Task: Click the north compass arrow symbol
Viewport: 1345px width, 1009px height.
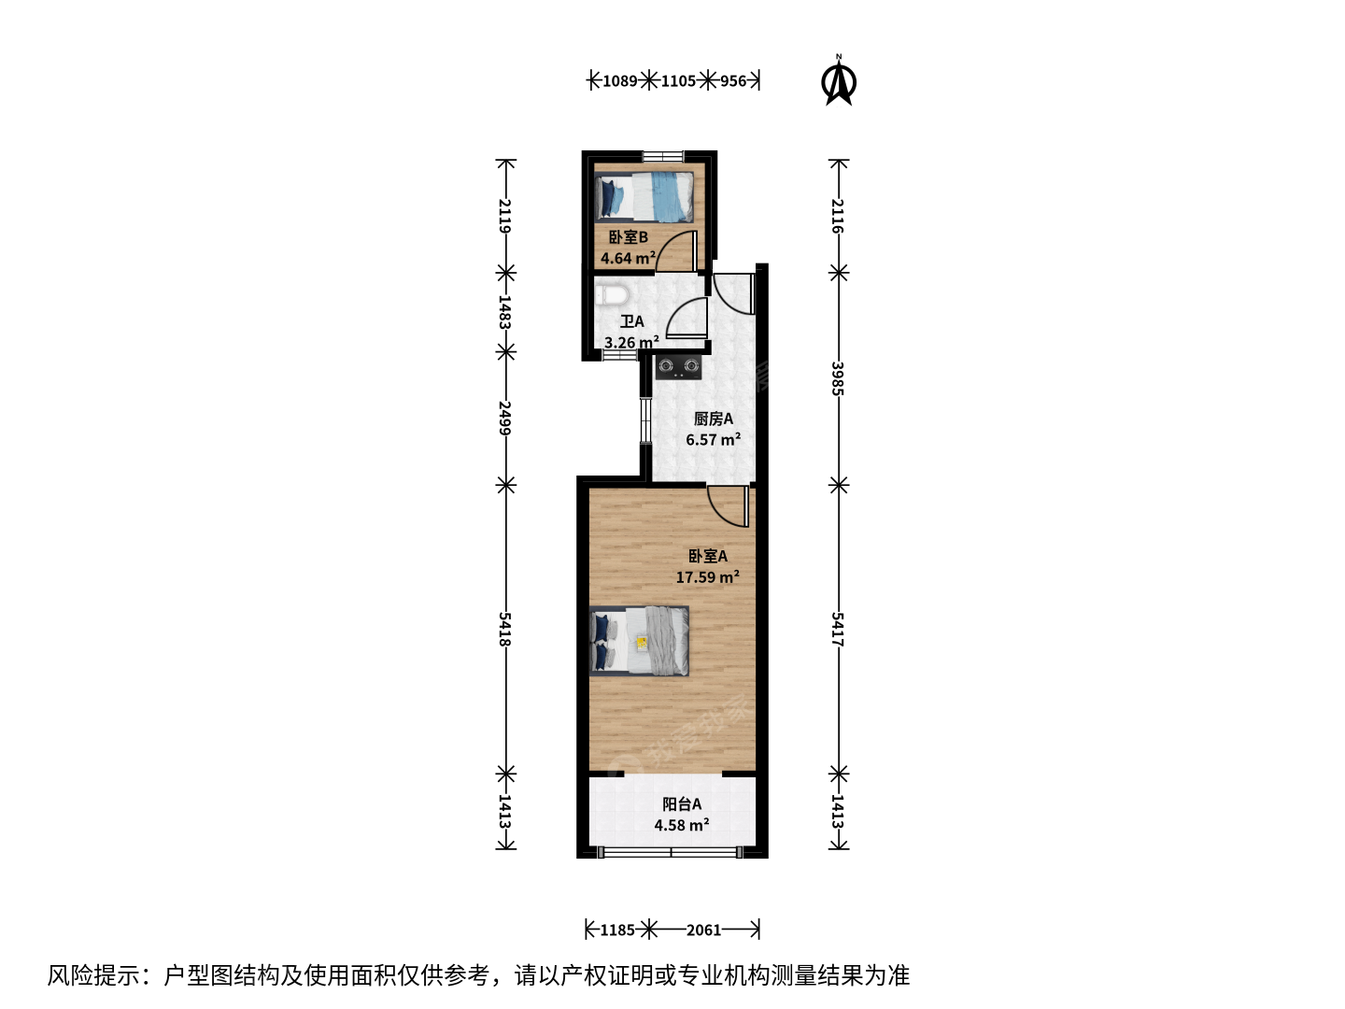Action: click(838, 81)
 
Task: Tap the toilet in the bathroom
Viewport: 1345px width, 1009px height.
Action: click(612, 294)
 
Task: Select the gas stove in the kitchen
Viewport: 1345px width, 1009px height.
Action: click(678, 367)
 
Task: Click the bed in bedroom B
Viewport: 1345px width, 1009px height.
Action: click(644, 196)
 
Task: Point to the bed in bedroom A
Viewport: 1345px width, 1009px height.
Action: click(639, 641)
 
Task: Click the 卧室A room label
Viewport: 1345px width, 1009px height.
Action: click(708, 556)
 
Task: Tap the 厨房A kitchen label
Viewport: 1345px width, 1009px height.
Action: click(714, 419)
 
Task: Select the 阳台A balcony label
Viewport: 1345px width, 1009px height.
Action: click(682, 803)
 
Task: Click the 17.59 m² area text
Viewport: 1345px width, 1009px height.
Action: click(708, 576)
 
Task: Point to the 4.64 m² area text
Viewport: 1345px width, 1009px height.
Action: click(628, 258)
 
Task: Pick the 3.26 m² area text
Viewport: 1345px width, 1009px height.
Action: click(631, 342)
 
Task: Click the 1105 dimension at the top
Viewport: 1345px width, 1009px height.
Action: click(678, 81)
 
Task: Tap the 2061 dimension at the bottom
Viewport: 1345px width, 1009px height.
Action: click(703, 930)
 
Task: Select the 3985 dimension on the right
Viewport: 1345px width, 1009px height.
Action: click(838, 378)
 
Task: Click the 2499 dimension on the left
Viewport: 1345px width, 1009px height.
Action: click(505, 418)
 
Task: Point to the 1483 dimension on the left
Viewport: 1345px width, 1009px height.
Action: click(505, 312)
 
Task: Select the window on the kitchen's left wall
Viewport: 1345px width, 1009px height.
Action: click(645, 420)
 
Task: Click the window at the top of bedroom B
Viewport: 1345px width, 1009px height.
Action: click(662, 156)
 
